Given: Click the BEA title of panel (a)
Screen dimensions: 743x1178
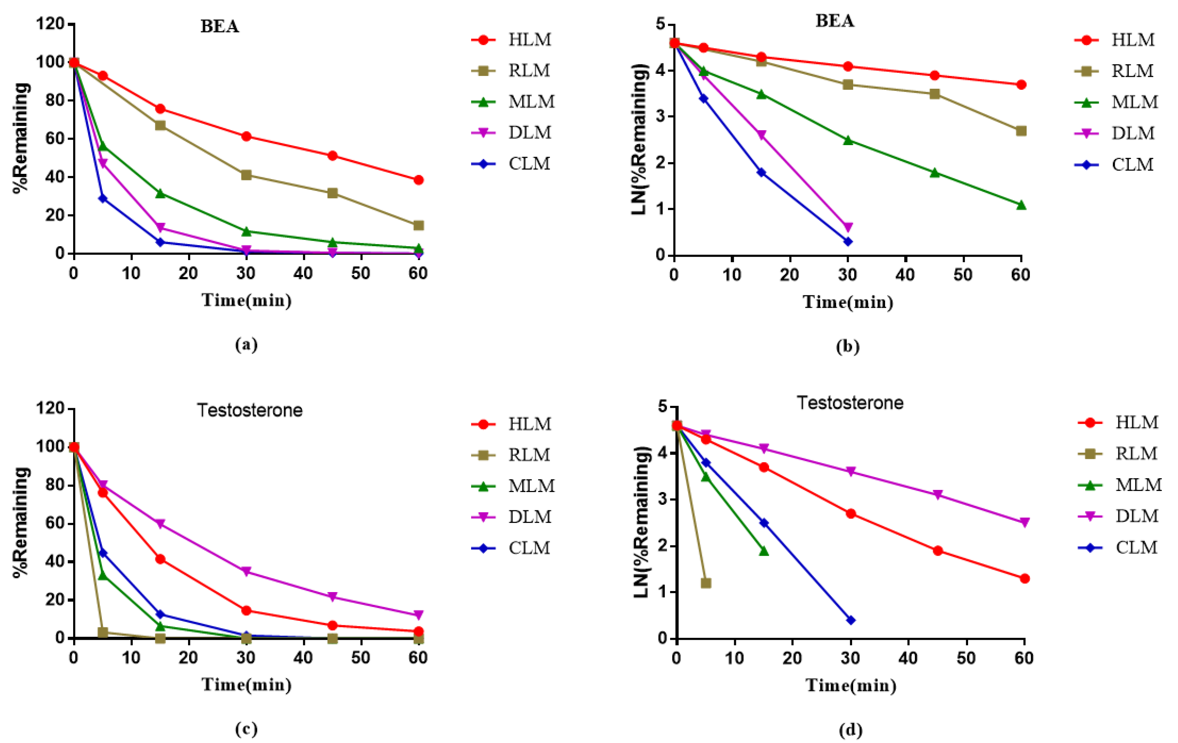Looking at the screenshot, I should pyautogui.click(x=220, y=27).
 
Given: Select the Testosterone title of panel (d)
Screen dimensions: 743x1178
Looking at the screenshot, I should pyautogui.click(x=850, y=403).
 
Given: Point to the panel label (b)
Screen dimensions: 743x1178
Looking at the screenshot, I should pyautogui.click(x=847, y=346).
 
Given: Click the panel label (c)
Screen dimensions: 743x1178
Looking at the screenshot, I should pyautogui.click(x=246, y=729).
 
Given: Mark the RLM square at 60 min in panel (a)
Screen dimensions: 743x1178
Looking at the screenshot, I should pyautogui.click(x=418, y=225).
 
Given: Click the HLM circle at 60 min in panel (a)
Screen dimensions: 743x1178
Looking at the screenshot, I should pyautogui.click(x=418, y=180).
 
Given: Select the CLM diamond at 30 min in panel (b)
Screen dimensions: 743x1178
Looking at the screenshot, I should pyautogui.click(x=848, y=241).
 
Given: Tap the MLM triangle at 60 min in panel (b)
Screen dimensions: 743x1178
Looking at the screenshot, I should pyautogui.click(x=1021, y=205).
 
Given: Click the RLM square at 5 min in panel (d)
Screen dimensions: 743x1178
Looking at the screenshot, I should pyautogui.click(x=705, y=583).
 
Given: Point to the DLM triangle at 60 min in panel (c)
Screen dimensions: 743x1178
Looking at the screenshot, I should pyautogui.click(x=418, y=615).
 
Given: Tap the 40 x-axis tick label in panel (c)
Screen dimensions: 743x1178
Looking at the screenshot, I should pyautogui.click(x=303, y=658).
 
